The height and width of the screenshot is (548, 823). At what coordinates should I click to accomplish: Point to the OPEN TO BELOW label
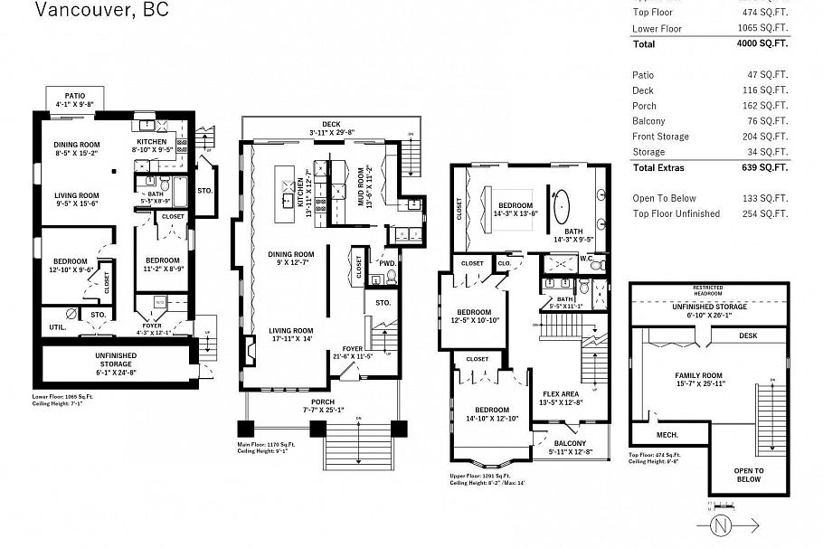[747, 475]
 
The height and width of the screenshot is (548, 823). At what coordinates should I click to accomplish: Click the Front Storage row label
[660, 137]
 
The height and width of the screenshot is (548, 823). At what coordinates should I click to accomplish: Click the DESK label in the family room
[747, 335]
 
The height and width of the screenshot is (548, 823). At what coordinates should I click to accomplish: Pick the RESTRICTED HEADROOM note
[707, 290]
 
